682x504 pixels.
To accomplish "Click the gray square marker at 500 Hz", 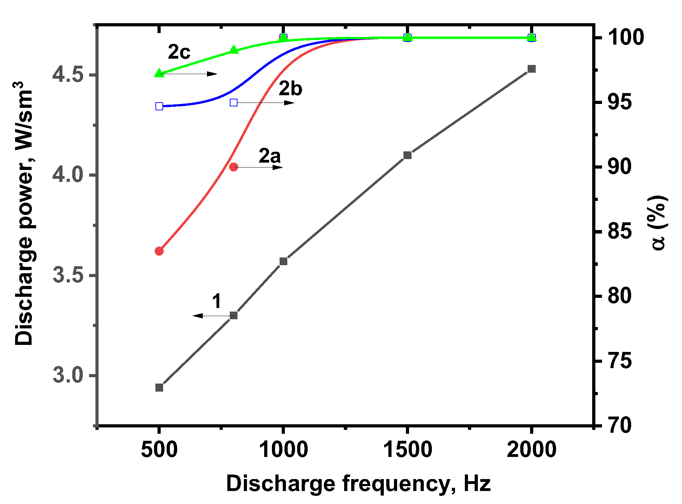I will pos(159,387).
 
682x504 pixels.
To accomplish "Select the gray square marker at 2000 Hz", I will pos(531,69).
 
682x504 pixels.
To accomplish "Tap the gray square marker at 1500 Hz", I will pos(407,155).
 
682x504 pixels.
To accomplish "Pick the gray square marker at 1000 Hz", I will pos(283,261).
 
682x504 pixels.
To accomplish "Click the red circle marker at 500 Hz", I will pos(159,251).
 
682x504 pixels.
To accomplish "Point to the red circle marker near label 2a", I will pos(234,167).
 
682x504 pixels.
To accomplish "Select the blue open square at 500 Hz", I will pos(159,106).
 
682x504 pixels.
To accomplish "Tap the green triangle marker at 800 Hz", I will pos(234,50).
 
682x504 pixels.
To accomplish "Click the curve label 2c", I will pos(179,52).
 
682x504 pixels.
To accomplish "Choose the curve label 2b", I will pos(290,88).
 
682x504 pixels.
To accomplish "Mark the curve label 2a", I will pos(270,156).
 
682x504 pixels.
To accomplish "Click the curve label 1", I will pos(217,301).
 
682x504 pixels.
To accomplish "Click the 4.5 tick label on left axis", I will pos(68,75).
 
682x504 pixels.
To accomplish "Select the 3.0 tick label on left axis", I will pos(68,375).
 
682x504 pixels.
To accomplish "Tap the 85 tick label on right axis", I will pos(620,231).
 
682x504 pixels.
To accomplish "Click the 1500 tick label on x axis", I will pos(407,450).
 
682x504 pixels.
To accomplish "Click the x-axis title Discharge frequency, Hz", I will pos(358,484).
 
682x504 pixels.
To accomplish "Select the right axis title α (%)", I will pos(658,223).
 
